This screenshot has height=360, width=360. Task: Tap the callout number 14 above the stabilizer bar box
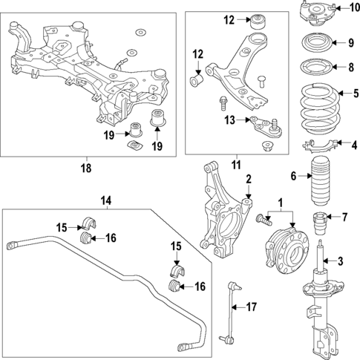pyautogui.click(x=106, y=200)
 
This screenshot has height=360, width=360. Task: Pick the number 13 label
pyautogui.click(x=230, y=120)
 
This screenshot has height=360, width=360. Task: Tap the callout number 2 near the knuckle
pyautogui.click(x=249, y=178)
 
